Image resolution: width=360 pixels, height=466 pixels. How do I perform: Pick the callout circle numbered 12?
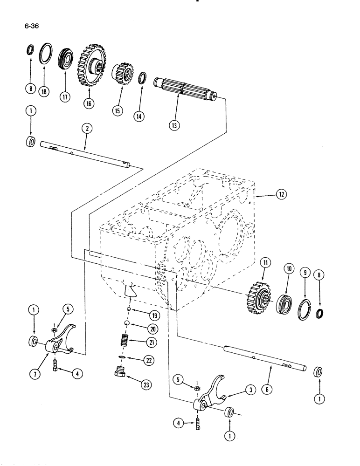pyautogui.click(x=279, y=196)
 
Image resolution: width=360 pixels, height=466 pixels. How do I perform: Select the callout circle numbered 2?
pyautogui.click(x=85, y=127)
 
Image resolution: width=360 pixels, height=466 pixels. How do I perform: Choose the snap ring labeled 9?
pyautogui.click(x=304, y=307)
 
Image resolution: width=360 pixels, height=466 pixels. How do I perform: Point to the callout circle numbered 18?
pyautogui.click(x=44, y=91)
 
